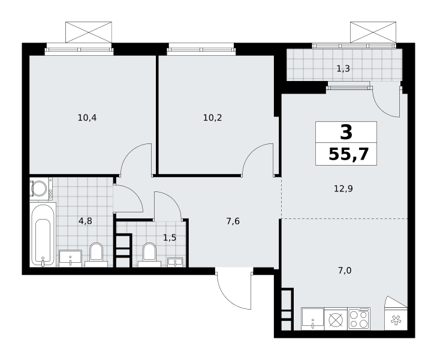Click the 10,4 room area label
tap(88, 118)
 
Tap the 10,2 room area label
tap(212, 118)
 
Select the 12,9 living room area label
tap(343, 189)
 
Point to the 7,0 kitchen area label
tap(345, 271)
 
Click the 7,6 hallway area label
tap(233, 221)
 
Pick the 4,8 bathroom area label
tap(85, 221)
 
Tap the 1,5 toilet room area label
tap(170, 238)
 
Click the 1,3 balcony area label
tap(343, 68)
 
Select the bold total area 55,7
tap(349, 154)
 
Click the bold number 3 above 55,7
tap(346, 132)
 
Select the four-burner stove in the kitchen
tap(359, 319)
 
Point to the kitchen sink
tap(313, 319)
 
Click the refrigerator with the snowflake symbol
tap(396, 319)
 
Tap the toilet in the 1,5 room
tap(149, 255)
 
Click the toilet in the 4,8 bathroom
tap(96, 255)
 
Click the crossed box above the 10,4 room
tap(89, 32)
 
